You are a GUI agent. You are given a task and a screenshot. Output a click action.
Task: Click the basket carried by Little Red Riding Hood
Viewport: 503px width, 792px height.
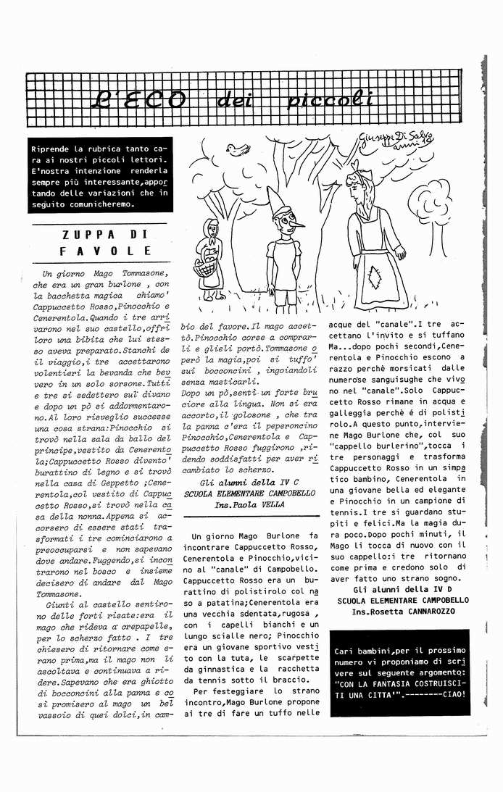click(207, 267)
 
